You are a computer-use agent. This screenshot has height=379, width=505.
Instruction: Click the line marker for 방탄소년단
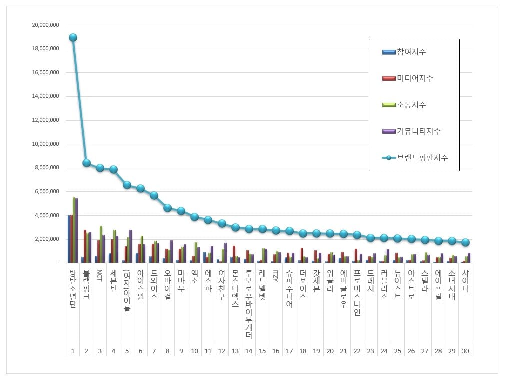73,37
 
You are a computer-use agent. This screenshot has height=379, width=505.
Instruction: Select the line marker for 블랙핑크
86,163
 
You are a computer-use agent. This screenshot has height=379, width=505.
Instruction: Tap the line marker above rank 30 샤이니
465,242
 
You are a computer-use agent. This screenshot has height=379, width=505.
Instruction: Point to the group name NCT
100,276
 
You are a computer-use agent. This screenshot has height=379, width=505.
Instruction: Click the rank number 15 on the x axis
262,351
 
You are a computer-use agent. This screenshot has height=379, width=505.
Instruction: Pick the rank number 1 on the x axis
73,351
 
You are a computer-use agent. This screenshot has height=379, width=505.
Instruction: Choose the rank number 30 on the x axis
465,351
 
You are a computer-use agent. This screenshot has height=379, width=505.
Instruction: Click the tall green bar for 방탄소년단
74,230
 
